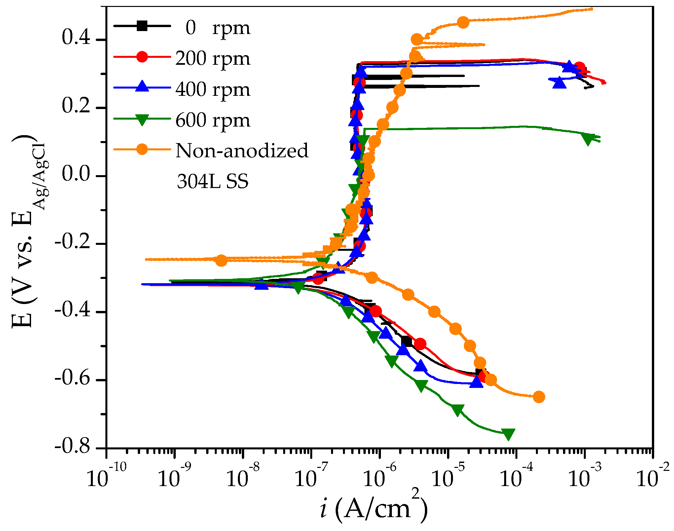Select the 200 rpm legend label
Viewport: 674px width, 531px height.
tap(212, 58)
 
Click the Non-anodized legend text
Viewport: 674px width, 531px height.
tap(242, 151)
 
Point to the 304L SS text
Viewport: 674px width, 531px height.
tap(212, 181)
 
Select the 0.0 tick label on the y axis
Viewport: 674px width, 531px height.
tap(76, 174)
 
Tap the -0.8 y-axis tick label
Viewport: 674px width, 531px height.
tap(72, 447)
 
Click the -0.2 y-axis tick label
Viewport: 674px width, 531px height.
tap(72, 242)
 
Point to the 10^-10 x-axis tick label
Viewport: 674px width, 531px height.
tap(106, 478)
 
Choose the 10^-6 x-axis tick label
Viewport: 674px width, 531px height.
tap(379, 478)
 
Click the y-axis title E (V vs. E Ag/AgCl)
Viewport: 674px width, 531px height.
tap(28, 231)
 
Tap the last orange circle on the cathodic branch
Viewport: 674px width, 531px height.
tap(539, 397)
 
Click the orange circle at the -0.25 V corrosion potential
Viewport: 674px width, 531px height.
tap(221, 260)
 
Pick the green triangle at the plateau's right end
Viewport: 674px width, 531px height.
tap(588, 139)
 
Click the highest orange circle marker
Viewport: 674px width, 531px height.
tap(463, 22)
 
